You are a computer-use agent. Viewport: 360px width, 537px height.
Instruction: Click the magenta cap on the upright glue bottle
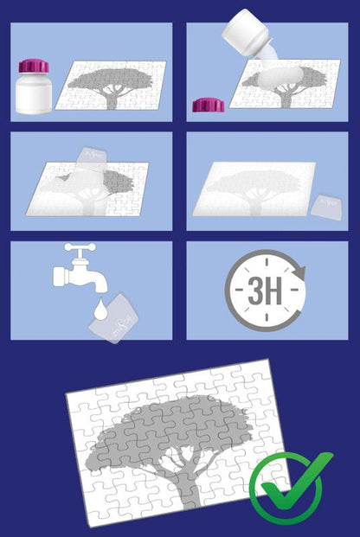click(34, 66)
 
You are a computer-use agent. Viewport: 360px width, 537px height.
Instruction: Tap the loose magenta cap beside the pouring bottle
click(208, 105)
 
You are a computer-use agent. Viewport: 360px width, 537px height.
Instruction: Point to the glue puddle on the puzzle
click(280, 76)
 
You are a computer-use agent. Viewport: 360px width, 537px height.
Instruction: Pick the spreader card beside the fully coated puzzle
click(326, 208)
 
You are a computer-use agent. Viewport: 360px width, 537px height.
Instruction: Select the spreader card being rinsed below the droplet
click(113, 318)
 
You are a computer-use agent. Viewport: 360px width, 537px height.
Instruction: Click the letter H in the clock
click(274, 291)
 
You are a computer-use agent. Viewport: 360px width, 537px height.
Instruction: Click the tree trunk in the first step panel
click(112, 100)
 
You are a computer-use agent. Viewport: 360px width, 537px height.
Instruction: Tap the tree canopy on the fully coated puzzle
click(254, 182)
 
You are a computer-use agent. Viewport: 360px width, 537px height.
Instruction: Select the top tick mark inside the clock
click(267, 262)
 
